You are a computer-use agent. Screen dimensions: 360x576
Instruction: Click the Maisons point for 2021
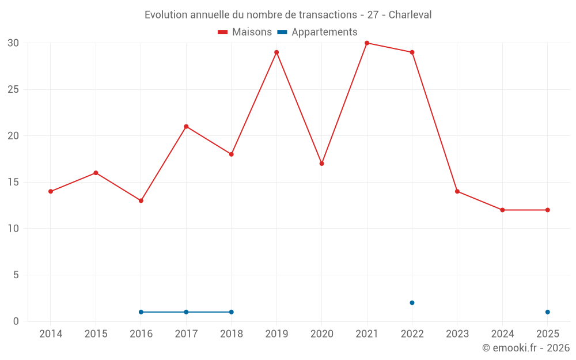[367, 43]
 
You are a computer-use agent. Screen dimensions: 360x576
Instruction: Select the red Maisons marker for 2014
[51, 191]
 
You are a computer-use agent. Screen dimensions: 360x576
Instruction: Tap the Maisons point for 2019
[276, 52]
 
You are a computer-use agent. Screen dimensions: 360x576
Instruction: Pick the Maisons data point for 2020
[322, 164]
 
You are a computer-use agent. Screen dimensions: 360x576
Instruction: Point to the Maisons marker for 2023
[457, 191]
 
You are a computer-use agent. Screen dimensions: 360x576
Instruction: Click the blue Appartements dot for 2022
[412, 303]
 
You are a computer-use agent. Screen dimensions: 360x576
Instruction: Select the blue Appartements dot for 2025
[548, 312]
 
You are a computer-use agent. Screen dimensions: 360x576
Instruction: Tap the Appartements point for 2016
[141, 312]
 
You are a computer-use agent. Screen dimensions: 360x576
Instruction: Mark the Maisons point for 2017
[186, 127]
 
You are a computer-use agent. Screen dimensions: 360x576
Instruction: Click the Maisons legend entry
[245, 32]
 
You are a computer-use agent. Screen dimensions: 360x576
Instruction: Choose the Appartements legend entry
[318, 32]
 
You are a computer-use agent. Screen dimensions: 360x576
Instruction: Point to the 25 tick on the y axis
[13, 90]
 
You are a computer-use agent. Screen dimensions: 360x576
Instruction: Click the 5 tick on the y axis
[16, 275]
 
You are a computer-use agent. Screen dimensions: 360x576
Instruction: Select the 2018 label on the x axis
[232, 334]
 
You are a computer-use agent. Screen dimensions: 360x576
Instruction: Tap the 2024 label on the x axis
[502, 334]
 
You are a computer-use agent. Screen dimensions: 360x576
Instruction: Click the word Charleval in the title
[410, 15]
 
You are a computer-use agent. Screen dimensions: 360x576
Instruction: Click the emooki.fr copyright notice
[526, 348]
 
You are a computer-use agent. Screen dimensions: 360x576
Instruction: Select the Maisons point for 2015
[96, 173]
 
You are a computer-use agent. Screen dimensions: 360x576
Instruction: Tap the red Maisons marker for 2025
[548, 210]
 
